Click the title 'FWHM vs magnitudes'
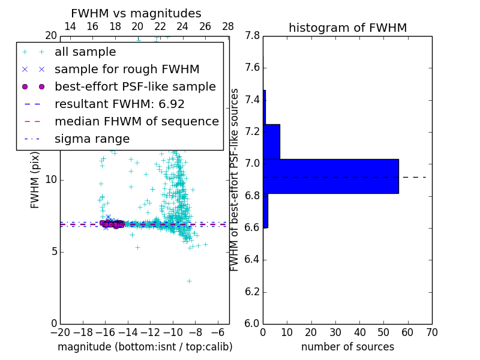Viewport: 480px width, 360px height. pos(136,13)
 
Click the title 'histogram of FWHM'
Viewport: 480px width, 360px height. pos(347,28)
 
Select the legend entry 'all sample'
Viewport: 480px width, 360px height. pos(85,52)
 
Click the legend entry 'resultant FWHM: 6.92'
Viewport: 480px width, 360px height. pos(119,104)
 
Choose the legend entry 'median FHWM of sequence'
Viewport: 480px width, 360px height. pos(136,121)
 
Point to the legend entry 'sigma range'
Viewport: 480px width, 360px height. pos(92,139)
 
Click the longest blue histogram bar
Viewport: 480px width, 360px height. pos(331,176)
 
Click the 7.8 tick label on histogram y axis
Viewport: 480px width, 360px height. pos(252,36)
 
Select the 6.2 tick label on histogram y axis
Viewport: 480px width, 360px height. pos(252,292)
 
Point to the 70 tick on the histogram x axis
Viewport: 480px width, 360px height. pos(431,331)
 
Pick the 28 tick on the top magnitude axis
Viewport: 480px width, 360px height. pos(228,26)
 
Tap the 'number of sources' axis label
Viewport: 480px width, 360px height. pos(347,347)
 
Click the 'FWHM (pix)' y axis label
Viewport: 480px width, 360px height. pos(35,180)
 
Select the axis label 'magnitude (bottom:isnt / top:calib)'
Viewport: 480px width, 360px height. pos(145,347)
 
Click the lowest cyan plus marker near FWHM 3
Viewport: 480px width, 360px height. pos(189,281)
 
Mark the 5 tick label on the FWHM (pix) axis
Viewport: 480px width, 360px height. pos(53,251)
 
